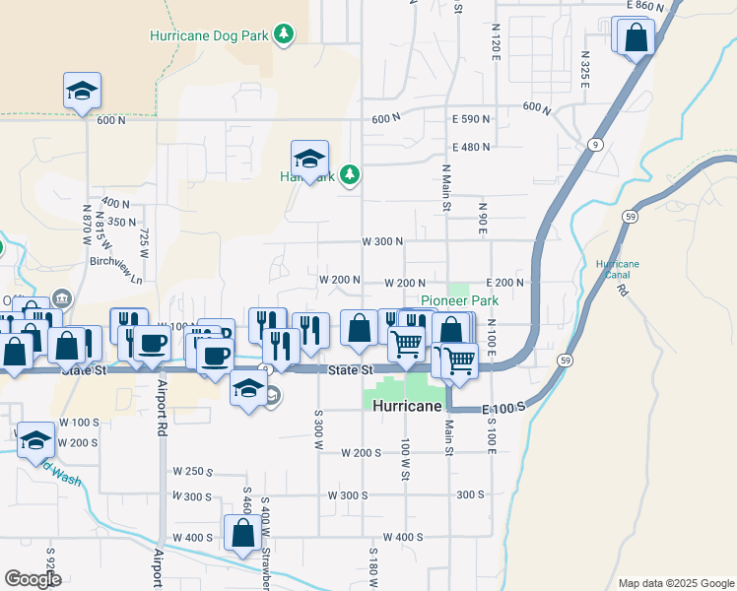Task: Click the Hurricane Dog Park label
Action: [209, 35]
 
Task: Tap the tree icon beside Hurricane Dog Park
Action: [284, 35]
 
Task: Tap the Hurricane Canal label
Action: [618, 270]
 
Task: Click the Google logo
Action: [33, 579]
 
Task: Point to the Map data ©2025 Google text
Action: [675, 583]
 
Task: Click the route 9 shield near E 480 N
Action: [596, 145]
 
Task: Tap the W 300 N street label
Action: [383, 242]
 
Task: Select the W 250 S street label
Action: [193, 472]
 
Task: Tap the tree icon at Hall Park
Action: [349, 175]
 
